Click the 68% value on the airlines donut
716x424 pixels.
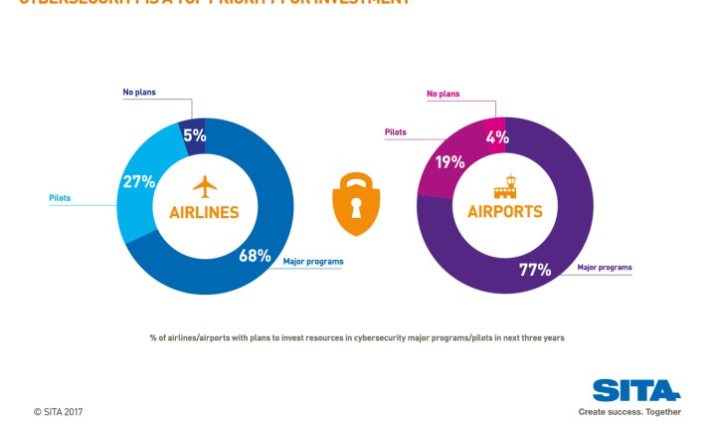coord(255,256)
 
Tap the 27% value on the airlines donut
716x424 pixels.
coord(138,181)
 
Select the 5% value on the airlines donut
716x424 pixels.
coord(194,135)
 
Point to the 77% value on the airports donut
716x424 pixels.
coord(535,269)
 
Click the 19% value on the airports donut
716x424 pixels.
coord(448,161)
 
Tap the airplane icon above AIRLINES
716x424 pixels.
coord(205,186)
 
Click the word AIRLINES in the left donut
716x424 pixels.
coord(204,212)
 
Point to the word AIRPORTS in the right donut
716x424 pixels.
coord(504,212)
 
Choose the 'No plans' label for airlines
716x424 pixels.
coord(140,92)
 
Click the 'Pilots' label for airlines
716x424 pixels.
coord(60,198)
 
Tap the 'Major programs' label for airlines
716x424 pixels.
coord(313,262)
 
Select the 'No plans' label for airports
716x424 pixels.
coord(445,95)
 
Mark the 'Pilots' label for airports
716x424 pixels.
coord(395,131)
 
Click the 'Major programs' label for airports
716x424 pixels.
coord(605,268)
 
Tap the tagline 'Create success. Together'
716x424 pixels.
coord(630,411)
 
